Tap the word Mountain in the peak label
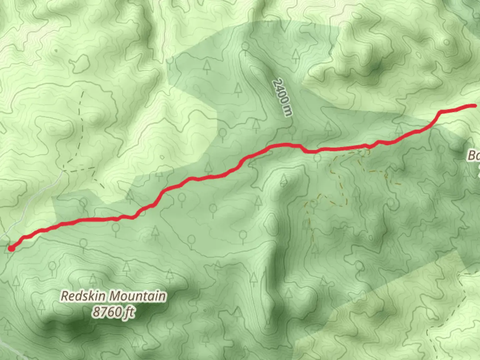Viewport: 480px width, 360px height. [x=138, y=296]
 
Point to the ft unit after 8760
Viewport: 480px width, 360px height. [x=129, y=313]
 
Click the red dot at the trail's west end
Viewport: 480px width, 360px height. [x=11, y=248]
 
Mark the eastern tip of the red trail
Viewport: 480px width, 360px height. [x=474, y=106]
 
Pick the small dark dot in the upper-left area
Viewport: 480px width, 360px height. [x=56, y=51]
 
